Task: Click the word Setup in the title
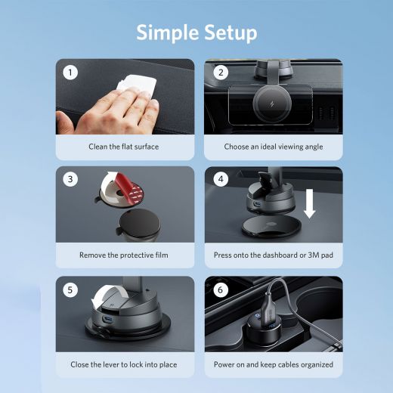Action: point(231,32)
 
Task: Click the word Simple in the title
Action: point(167,32)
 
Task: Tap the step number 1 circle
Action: point(70,73)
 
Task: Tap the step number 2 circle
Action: point(221,73)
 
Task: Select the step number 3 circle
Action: point(70,179)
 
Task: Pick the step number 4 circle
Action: point(221,179)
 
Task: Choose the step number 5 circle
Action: point(70,289)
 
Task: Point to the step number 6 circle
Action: point(221,289)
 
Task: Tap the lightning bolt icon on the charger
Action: point(272,104)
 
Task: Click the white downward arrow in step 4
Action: point(309,203)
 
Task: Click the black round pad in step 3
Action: point(140,224)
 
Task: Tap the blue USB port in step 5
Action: point(107,320)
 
